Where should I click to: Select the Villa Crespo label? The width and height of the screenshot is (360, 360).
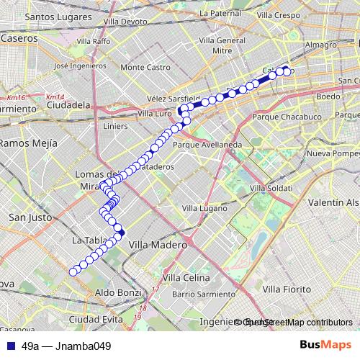click(276, 14)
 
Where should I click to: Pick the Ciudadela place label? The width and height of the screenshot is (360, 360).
click(68, 105)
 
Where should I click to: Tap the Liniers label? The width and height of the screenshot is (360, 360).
click(115, 126)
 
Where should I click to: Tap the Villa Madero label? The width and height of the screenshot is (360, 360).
click(157, 245)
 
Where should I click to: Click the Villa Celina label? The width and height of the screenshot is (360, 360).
click(186, 277)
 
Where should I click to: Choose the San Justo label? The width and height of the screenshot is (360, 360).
click(28, 217)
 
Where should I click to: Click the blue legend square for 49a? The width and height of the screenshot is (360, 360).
click(9, 346)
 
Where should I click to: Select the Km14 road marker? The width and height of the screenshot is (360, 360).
click(54, 97)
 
